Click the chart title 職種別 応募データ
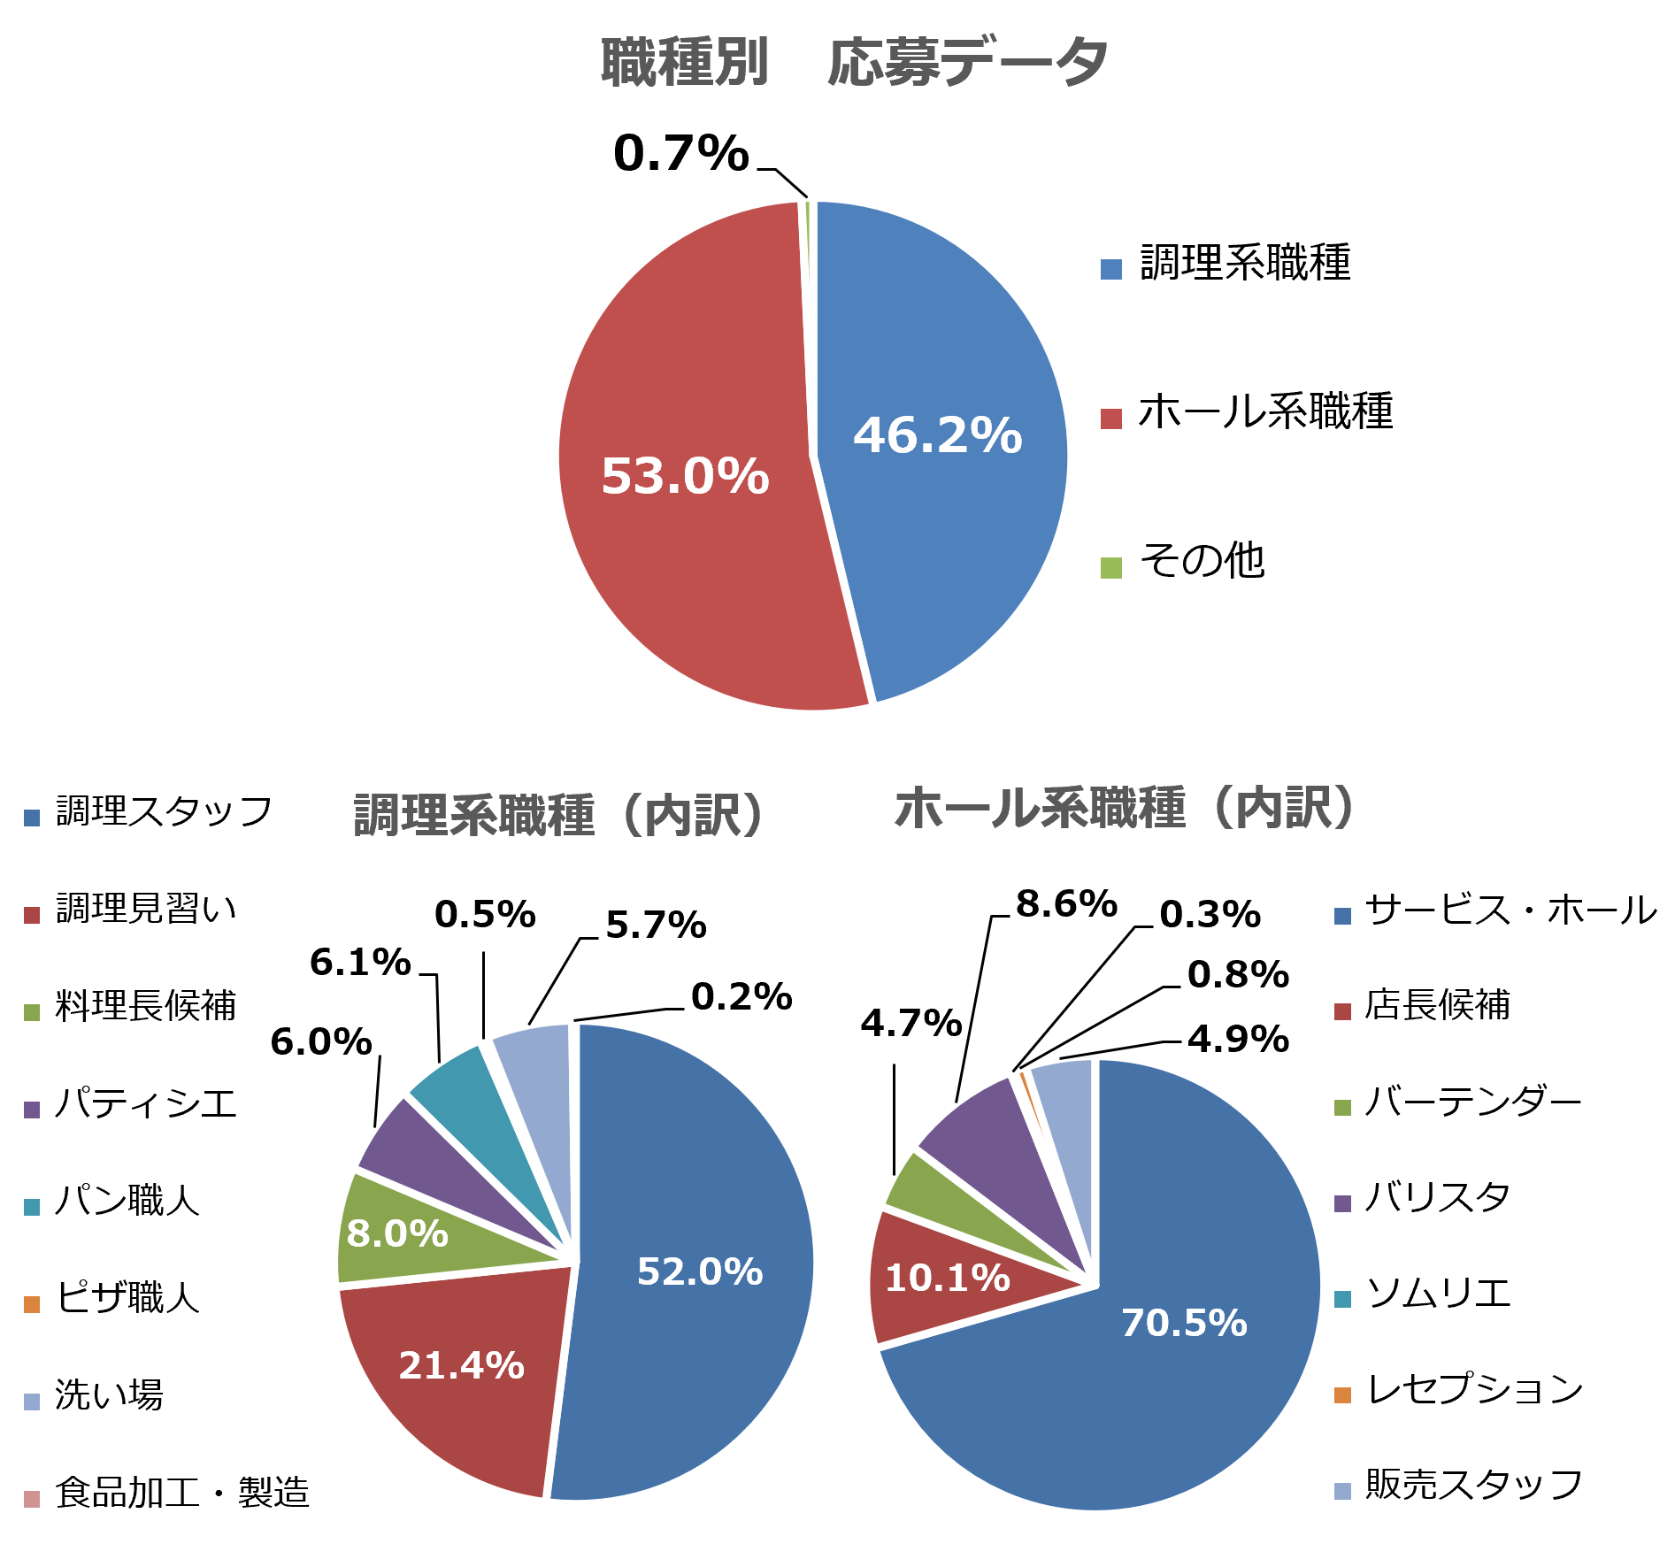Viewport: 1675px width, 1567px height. (854, 62)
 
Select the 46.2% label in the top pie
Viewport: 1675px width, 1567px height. (937, 435)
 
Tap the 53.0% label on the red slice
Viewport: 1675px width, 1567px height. (685, 476)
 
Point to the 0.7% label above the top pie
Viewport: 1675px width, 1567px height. (680, 153)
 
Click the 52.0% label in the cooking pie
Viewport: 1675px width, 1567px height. (700, 1271)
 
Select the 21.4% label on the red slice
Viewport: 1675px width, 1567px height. (461, 1365)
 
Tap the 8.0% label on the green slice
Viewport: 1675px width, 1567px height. (397, 1233)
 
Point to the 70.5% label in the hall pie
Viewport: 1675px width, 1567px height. (1184, 1323)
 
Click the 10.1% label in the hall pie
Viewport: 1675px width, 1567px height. (947, 1278)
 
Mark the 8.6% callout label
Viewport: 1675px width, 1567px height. (1066, 903)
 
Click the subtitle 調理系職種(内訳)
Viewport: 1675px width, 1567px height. (558, 815)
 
